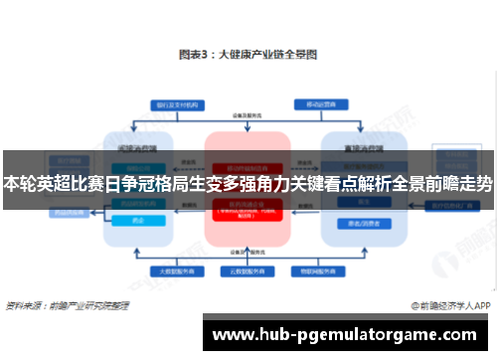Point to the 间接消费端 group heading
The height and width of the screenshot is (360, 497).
pos(136,146)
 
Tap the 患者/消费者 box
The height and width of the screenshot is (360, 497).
pos(358,224)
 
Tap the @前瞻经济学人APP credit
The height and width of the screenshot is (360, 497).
pos(445,306)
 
